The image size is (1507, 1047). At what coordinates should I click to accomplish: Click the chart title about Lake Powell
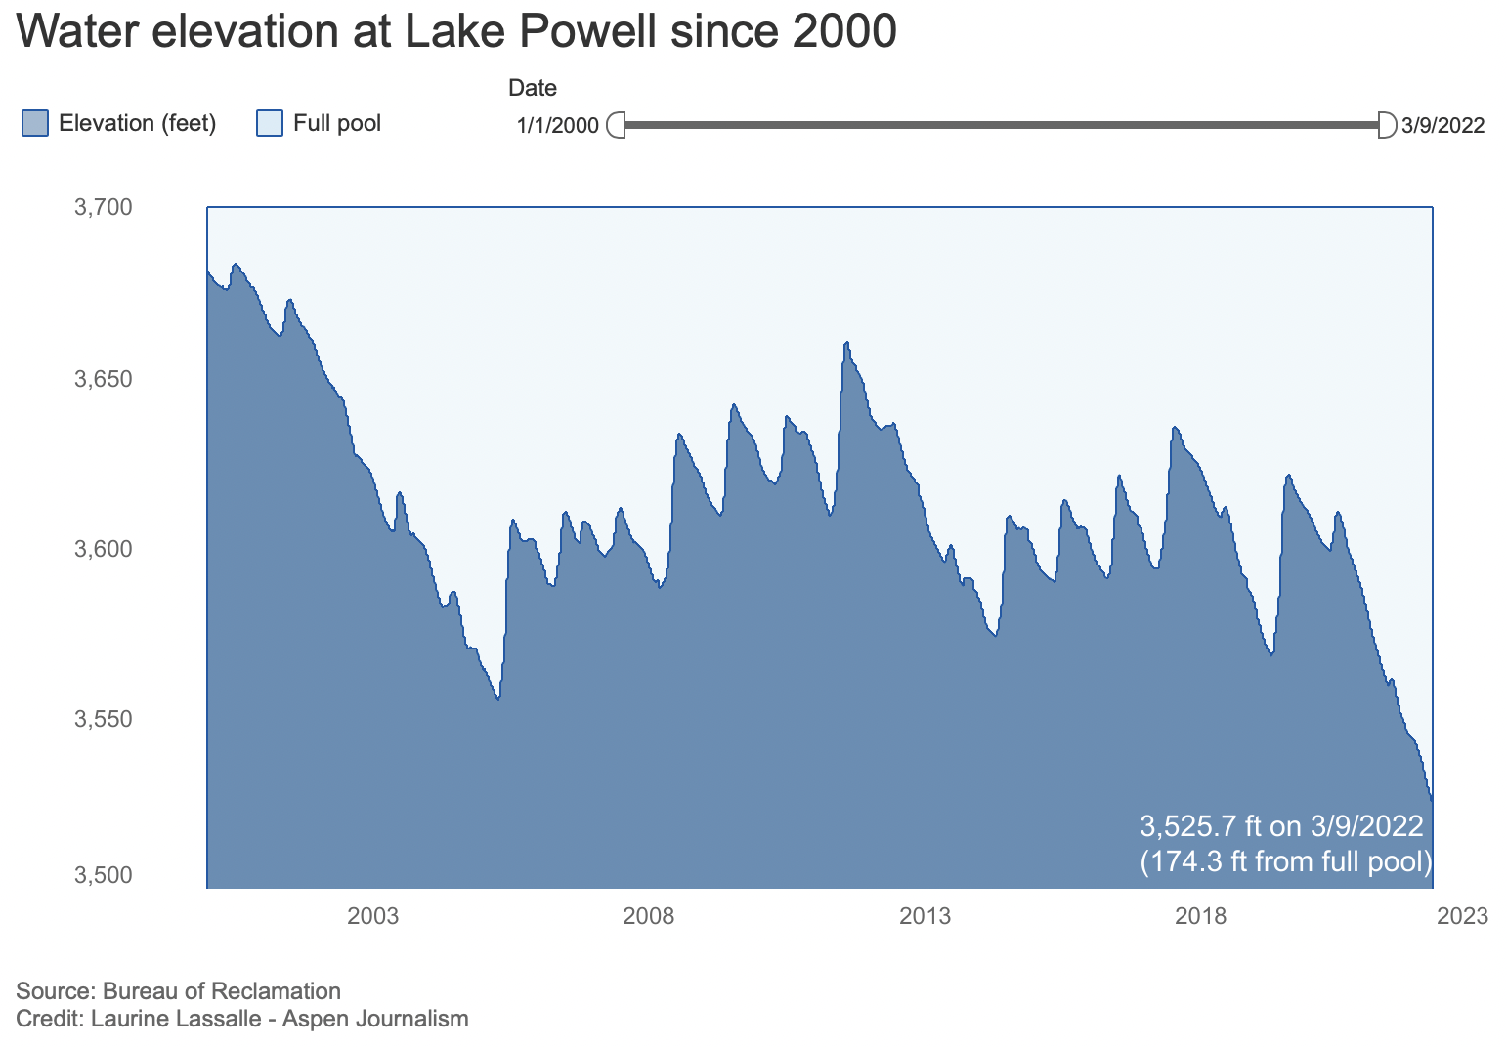pos(456,32)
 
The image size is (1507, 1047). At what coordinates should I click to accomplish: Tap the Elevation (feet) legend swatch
pos(34,124)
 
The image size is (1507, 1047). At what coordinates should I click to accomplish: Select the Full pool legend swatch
pos(269,124)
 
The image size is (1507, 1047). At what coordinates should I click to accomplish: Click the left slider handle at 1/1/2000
pos(617,125)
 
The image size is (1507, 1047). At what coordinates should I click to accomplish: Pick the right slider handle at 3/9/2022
pos(1386,125)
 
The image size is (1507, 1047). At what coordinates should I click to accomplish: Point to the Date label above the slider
pos(533,88)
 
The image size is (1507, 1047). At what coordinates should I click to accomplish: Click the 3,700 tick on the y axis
pos(103,207)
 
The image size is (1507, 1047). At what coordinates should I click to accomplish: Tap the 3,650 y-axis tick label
pos(103,378)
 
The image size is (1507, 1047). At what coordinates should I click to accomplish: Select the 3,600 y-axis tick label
pos(103,549)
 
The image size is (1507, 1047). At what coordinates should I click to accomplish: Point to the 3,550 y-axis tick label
pos(103,719)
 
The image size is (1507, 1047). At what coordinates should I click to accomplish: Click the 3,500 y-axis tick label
pos(103,875)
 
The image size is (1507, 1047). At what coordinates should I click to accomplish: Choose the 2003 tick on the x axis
pos(373,916)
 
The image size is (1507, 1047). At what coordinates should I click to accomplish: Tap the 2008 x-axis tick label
pos(649,916)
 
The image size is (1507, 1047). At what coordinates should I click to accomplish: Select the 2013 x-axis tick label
pos(925,916)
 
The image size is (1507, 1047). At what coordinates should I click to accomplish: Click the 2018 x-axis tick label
pos(1200,916)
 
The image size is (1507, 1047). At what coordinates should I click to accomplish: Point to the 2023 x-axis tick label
pos(1463,916)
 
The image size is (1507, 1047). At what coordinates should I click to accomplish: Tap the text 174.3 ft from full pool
pos(1285,861)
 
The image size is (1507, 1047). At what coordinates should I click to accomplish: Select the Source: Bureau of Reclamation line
pos(179,991)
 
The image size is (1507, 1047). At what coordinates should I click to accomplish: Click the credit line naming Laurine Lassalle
pos(242,1019)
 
